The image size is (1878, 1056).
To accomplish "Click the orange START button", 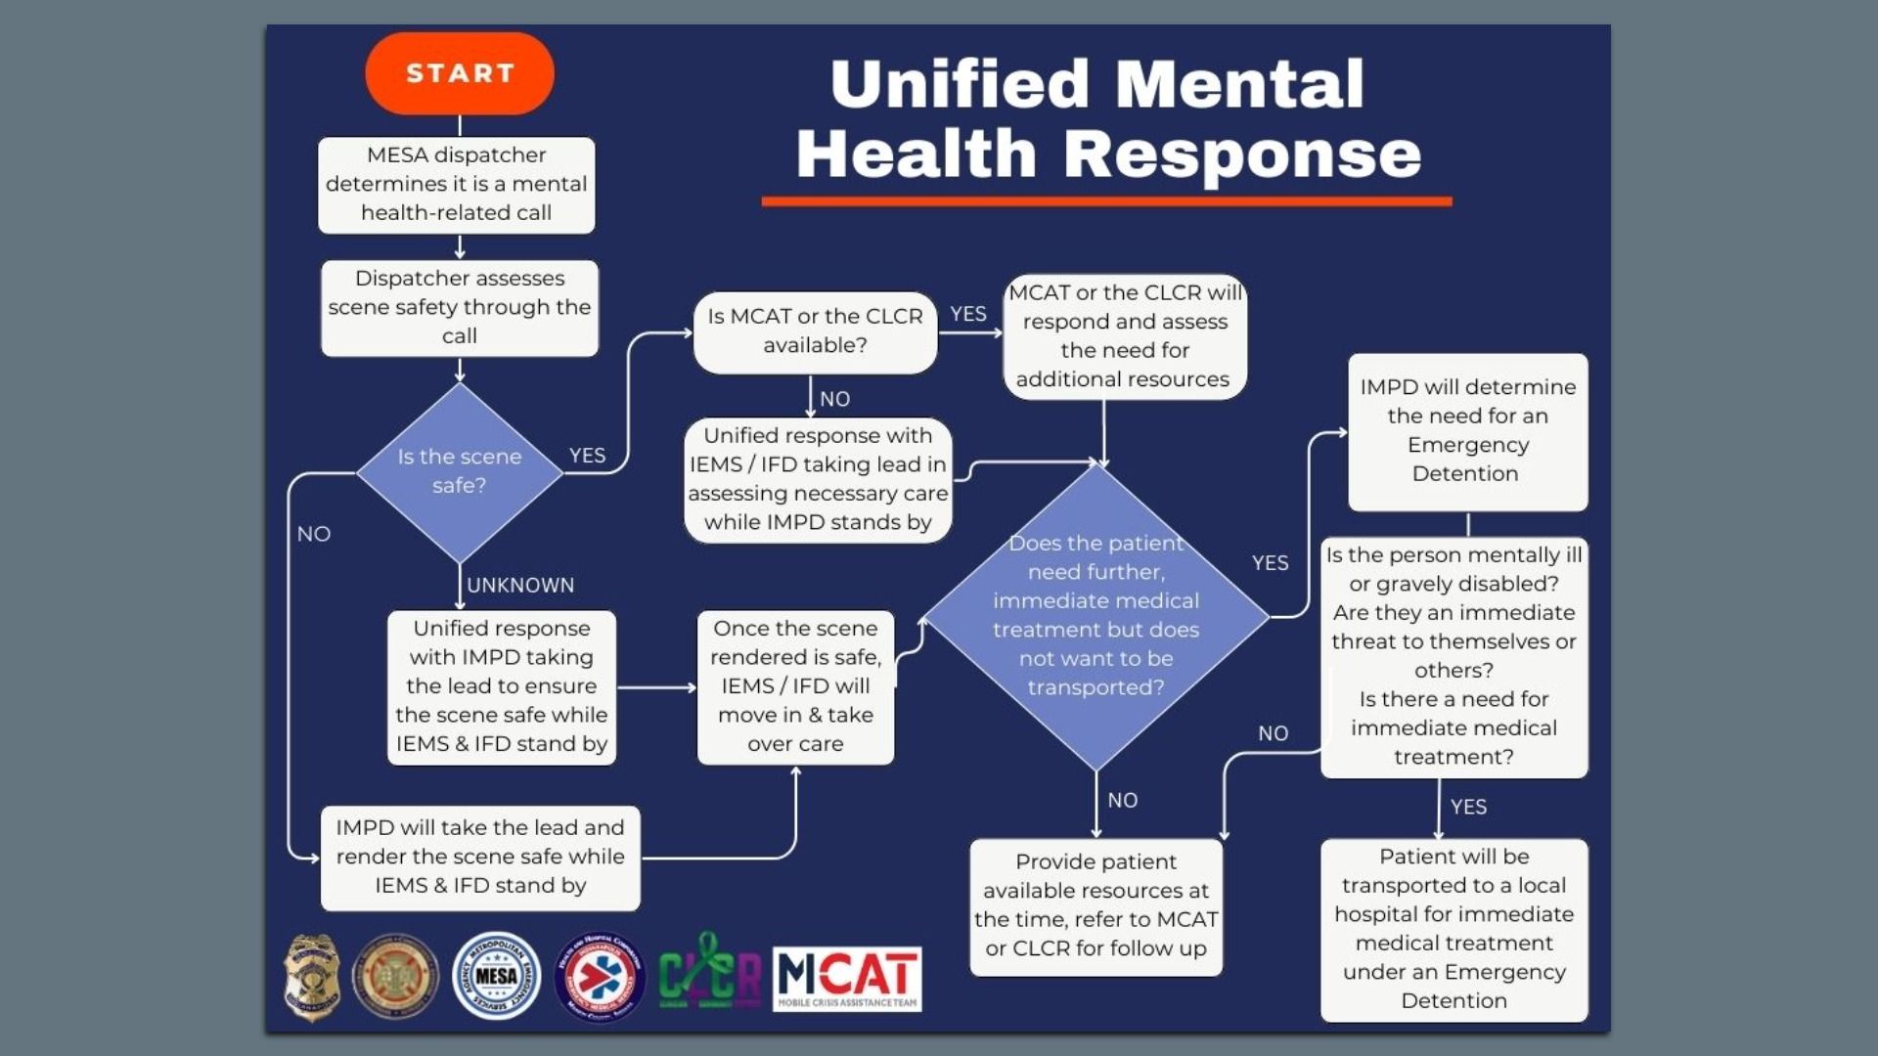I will coord(460,73).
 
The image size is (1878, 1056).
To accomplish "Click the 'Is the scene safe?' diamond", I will coord(459,471).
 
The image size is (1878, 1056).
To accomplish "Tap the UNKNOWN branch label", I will coord(520,585).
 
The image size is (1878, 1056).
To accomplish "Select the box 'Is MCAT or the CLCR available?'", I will coord(815,331).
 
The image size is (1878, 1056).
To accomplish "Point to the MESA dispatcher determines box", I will coord(457,184).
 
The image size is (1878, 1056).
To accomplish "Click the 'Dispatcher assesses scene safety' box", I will coord(459,307).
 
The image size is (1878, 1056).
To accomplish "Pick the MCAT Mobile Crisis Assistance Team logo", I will coord(847,978).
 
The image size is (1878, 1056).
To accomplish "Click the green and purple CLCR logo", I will coord(709,974).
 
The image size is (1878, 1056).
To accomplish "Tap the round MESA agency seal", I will coord(497,975).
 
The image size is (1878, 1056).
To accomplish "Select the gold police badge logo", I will coord(312,977).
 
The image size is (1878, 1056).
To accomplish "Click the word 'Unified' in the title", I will coord(959,84).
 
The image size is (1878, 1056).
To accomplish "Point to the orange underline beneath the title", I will coord(1106,201).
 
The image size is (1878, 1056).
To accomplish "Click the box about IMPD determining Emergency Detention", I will coord(1467,431).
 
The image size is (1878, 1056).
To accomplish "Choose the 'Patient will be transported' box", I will coord(1453,929).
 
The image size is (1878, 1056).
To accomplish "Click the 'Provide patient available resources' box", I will coord(1095,905).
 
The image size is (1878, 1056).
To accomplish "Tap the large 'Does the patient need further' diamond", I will coord(1095,616).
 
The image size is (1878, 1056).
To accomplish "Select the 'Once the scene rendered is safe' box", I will coord(795,686).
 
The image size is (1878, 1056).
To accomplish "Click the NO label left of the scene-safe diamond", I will coord(314,534).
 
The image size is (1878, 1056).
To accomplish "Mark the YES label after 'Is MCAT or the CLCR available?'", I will coord(968,314).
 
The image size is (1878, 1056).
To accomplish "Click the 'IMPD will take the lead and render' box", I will coord(480,857).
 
